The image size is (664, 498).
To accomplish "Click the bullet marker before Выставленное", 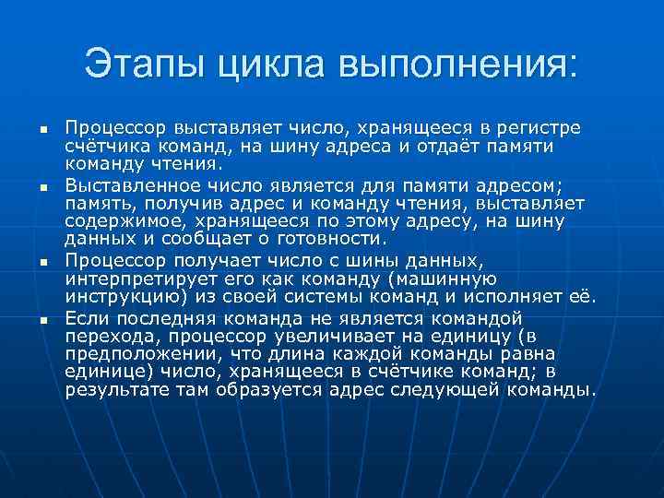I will point(42,188).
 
